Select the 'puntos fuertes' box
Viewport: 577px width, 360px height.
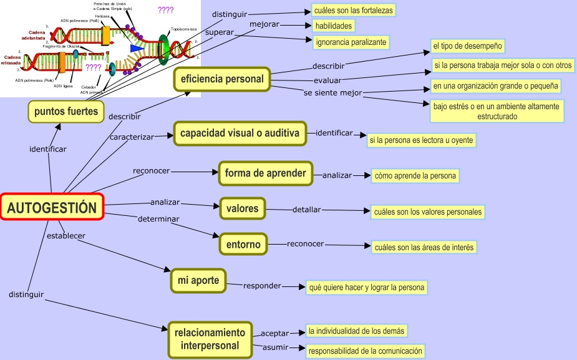[x=65, y=112]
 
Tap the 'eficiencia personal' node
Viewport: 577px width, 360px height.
[x=221, y=79]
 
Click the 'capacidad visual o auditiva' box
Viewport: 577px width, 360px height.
[x=240, y=133]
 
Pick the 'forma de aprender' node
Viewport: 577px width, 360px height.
[x=265, y=173]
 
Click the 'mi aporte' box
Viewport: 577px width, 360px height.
[x=198, y=281]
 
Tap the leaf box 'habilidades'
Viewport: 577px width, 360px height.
[x=334, y=26]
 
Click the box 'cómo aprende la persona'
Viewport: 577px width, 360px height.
[x=415, y=176]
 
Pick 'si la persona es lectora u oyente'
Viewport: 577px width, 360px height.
[x=421, y=140]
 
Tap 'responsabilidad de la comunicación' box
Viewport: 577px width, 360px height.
[x=365, y=351]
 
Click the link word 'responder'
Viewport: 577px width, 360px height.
[x=262, y=286]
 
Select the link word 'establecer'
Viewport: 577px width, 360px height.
[x=65, y=235]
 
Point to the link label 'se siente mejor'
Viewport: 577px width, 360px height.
[x=332, y=93]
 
